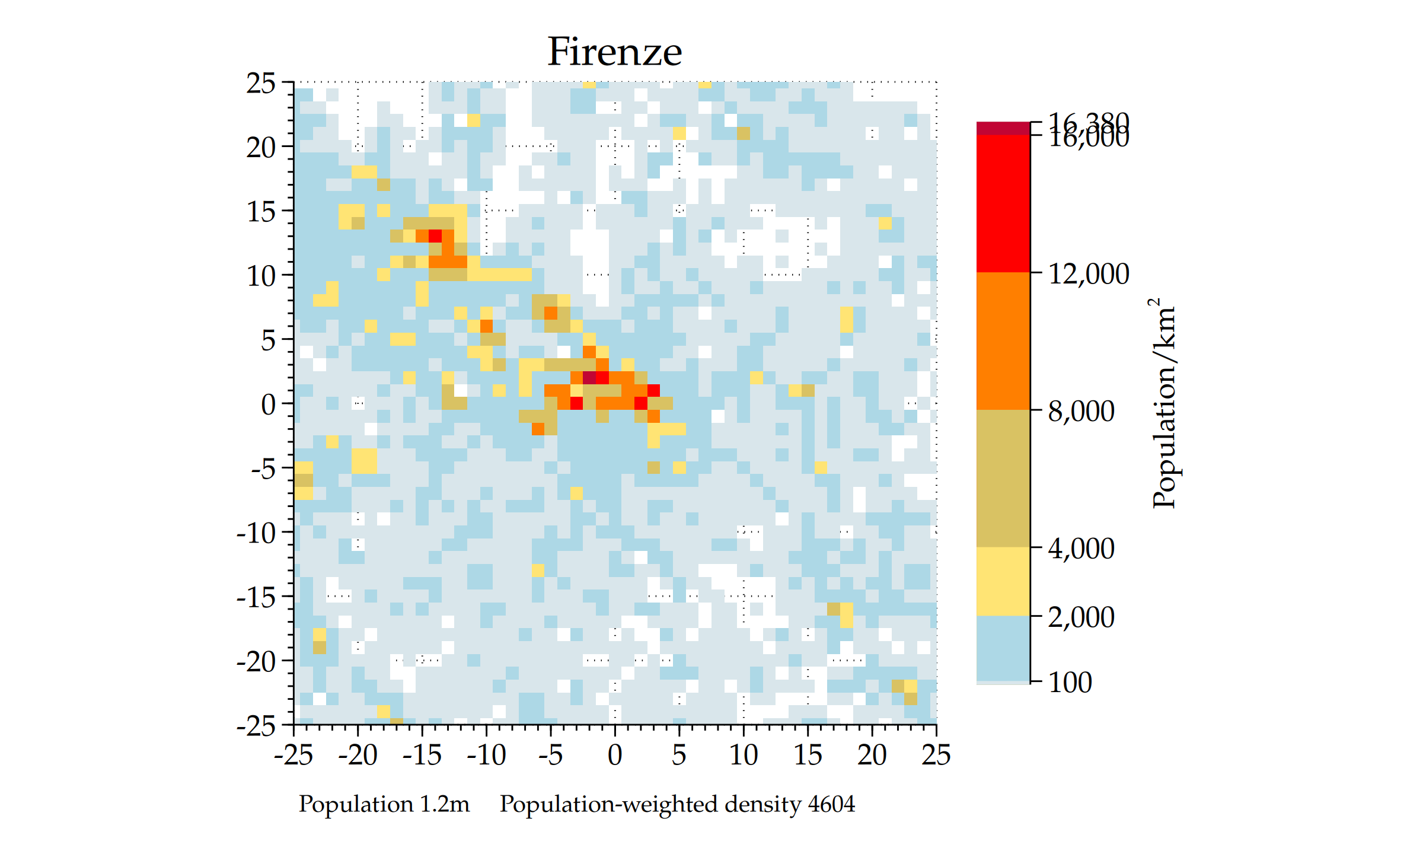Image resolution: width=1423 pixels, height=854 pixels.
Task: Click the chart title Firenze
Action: (x=614, y=52)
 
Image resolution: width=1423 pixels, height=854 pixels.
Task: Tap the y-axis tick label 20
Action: (x=261, y=147)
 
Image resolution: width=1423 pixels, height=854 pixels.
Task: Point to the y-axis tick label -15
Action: (x=256, y=597)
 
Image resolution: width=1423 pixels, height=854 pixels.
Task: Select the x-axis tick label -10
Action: (x=486, y=755)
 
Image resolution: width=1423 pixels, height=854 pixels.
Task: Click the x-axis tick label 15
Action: (x=808, y=755)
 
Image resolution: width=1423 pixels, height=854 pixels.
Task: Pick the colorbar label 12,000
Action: (x=1089, y=274)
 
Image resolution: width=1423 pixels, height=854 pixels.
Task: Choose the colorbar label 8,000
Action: (x=1081, y=411)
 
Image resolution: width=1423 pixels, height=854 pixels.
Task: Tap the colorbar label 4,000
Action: (x=1081, y=549)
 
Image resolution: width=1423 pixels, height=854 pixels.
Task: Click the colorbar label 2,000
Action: (x=1081, y=617)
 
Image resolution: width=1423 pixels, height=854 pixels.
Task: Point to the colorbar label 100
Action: (x=1070, y=682)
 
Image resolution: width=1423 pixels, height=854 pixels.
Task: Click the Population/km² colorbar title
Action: (x=1164, y=403)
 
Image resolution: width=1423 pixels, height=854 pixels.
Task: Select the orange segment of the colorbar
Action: (x=1003, y=341)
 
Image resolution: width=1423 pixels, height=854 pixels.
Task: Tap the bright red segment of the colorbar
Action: (x=1003, y=203)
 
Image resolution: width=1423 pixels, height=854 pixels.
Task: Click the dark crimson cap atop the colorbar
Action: (x=1003, y=128)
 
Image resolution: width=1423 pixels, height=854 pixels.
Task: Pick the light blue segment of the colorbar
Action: (x=1003, y=649)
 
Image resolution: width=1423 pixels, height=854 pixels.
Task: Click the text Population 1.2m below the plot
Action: (x=384, y=804)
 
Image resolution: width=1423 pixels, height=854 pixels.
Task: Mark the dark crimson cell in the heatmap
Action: (x=589, y=377)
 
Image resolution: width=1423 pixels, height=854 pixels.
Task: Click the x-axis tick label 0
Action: (x=615, y=755)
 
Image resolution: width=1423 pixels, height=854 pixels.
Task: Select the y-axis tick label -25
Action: (x=256, y=725)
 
